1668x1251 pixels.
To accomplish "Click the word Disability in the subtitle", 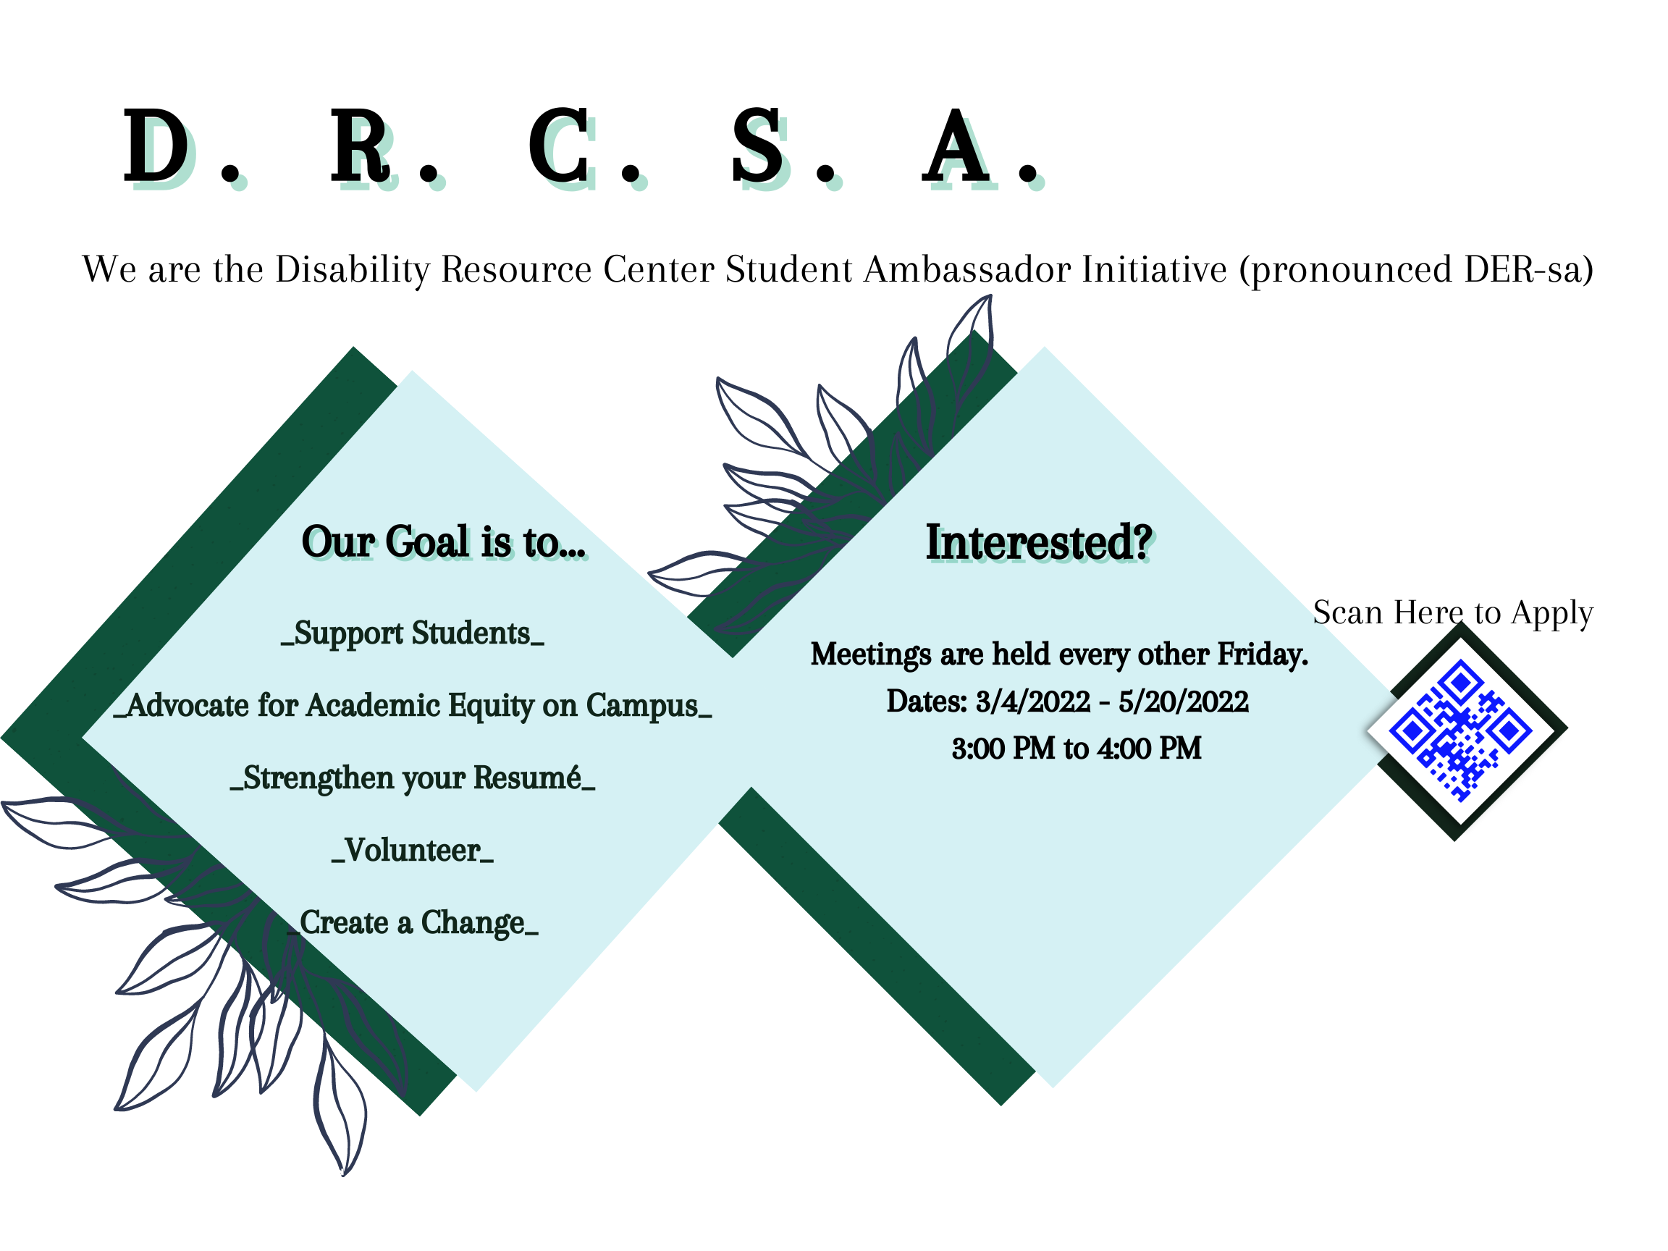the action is point(352,270).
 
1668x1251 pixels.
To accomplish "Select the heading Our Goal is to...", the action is point(443,542).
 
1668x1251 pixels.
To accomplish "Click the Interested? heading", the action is point(1039,542).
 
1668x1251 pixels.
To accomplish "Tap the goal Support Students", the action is point(413,633).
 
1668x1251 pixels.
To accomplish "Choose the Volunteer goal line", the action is point(413,851).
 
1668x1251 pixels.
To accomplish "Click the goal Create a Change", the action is point(413,923).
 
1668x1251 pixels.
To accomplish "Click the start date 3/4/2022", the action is point(1033,702).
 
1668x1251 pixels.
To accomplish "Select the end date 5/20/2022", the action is point(1183,702).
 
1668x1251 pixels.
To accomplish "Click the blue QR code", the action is point(1461,730).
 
